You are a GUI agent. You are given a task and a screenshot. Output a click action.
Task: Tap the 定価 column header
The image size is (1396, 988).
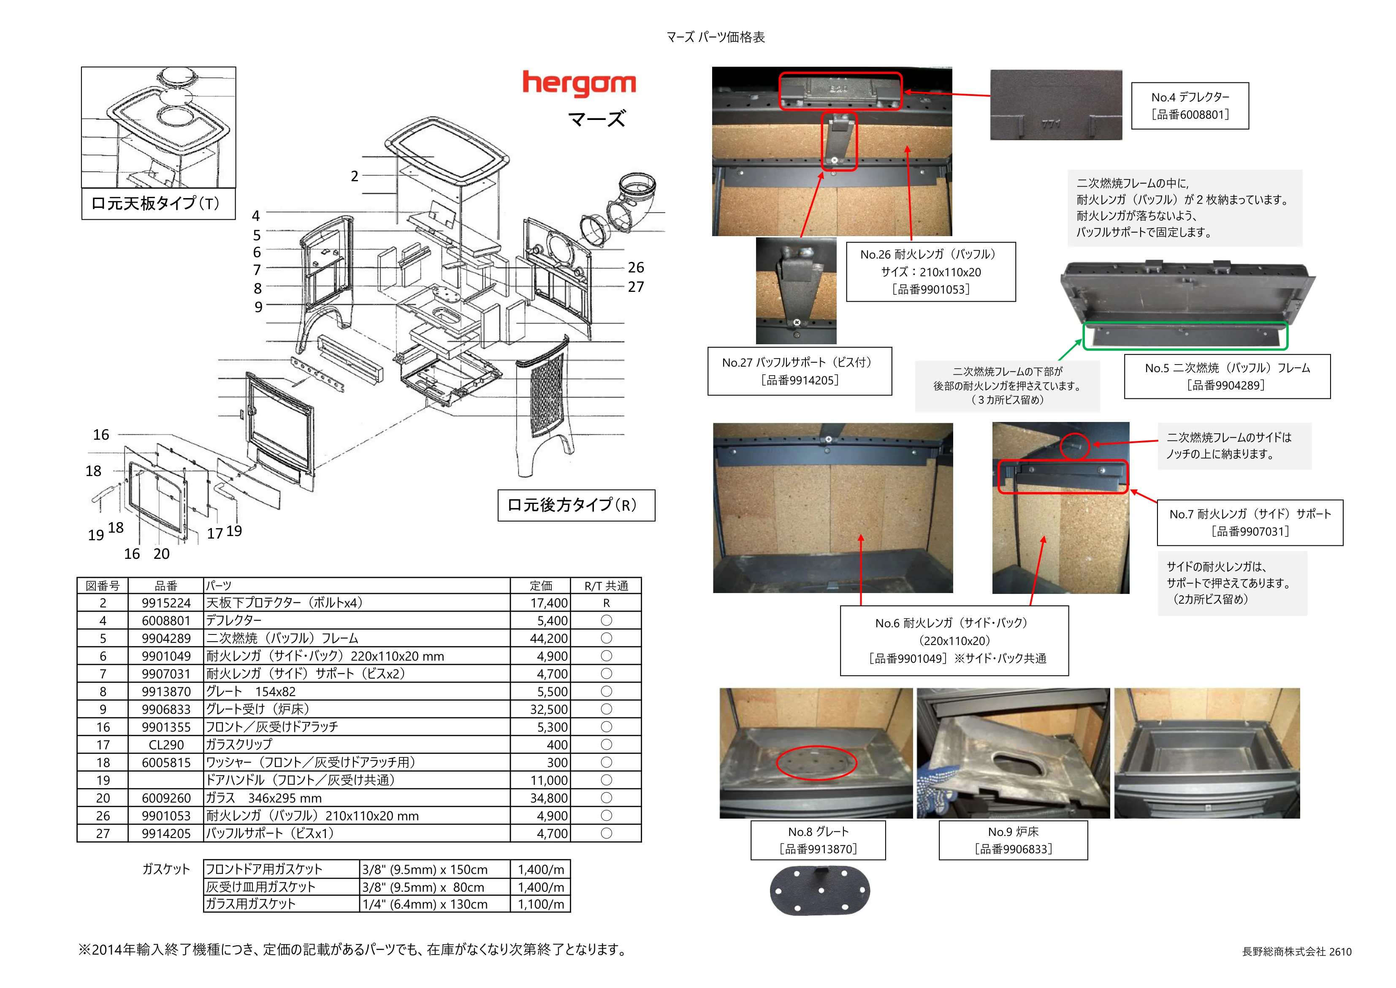pos(540,586)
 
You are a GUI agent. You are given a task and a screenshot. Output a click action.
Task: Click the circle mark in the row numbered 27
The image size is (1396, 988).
pos(606,833)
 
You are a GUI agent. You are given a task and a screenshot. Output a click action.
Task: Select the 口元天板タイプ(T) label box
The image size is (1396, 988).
pos(158,203)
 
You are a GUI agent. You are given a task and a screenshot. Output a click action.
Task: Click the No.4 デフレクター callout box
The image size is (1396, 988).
pos(1190,106)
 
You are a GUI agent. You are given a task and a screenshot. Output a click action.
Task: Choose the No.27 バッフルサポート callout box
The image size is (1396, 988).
pos(800,371)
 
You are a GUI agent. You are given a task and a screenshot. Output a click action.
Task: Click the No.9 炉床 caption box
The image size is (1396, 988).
pos(1013,840)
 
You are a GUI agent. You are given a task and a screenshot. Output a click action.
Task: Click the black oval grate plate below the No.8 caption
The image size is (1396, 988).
pos(820,891)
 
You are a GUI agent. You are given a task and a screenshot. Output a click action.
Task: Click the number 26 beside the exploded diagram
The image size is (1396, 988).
pos(636,268)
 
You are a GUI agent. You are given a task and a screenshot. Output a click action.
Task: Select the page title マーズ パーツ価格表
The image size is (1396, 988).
pos(715,37)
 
